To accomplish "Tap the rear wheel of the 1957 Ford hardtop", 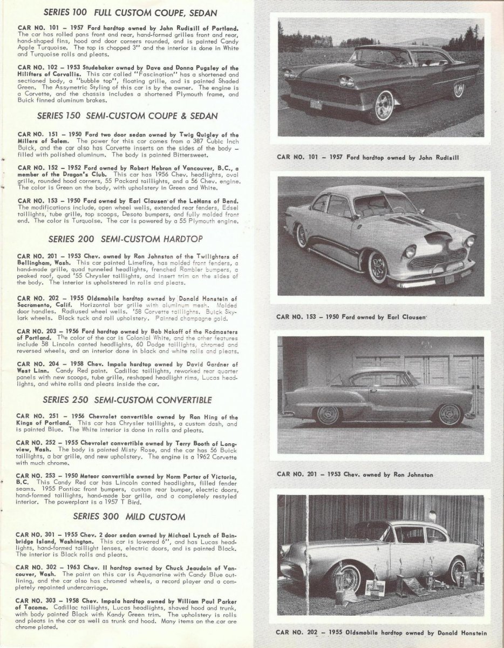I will (x=458, y=89).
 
